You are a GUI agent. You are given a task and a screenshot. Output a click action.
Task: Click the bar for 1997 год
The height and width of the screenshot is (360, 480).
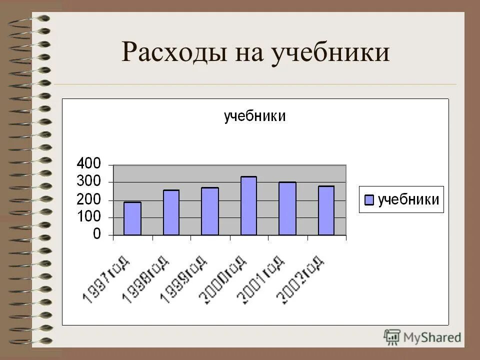point(132,218)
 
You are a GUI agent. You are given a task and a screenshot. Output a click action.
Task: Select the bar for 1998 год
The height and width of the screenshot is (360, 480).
point(171,212)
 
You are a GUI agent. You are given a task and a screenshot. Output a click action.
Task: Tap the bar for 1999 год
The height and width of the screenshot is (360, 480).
point(210,211)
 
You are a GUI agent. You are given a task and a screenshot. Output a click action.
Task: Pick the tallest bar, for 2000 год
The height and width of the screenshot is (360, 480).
point(248,205)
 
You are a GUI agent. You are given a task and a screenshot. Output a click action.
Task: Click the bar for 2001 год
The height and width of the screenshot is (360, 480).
point(287,208)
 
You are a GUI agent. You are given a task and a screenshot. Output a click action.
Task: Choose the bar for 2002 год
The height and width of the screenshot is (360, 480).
point(326,210)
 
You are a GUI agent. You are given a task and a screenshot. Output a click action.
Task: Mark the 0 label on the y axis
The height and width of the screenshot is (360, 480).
point(97,234)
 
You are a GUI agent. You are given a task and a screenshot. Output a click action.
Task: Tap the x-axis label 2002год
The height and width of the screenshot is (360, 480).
point(300,278)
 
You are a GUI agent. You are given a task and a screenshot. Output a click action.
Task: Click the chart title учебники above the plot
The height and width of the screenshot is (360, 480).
point(254,116)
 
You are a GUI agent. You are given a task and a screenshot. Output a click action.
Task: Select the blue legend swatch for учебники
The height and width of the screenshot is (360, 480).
point(369,200)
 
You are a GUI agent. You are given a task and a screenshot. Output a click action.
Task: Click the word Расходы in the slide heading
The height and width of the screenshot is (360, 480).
point(172,52)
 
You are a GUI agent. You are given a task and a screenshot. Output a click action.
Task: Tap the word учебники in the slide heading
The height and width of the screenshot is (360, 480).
point(330,52)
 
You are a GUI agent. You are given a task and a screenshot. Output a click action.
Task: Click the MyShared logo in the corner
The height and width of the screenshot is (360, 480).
point(422,336)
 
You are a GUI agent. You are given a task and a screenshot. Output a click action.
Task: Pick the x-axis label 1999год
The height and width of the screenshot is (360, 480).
point(183,278)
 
